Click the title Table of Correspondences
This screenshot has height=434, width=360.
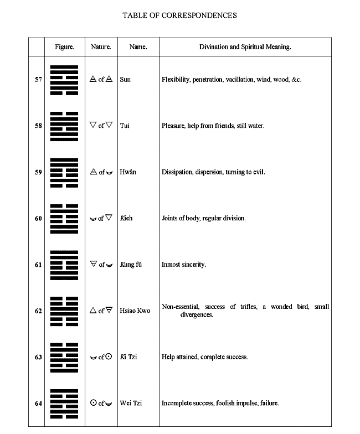[x=179, y=15]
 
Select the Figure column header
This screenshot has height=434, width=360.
[x=64, y=47]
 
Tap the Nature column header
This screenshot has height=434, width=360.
[x=101, y=47]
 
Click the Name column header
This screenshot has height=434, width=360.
[x=138, y=47]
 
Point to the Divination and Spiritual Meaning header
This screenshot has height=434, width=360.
[x=245, y=47]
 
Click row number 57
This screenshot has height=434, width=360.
[x=38, y=80]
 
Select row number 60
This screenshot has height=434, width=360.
[x=38, y=218]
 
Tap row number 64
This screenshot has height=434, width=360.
[x=38, y=403]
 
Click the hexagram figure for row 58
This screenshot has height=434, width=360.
[x=64, y=126]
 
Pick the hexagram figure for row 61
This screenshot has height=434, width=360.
[x=64, y=265]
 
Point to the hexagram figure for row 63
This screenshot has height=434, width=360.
[x=64, y=357]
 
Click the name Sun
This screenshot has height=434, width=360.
[x=125, y=80]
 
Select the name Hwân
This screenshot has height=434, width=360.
[x=128, y=172]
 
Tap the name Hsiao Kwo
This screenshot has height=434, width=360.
[x=135, y=311]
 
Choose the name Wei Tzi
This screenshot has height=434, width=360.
[x=131, y=403]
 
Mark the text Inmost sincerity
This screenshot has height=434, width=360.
[x=184, y=265]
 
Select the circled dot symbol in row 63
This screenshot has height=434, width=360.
[x=109, y=356]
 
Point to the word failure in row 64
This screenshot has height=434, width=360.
[x=269, y=403]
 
